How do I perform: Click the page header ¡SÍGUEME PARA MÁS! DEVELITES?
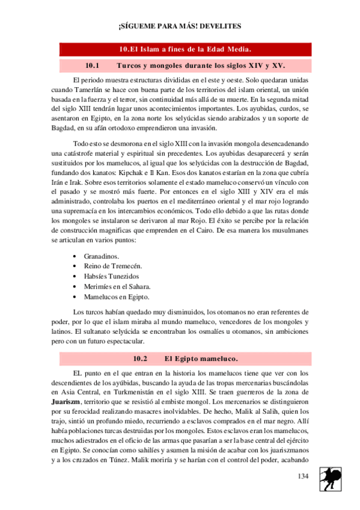[x=180, y=26]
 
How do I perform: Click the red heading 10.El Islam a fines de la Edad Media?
[x=185, y=49]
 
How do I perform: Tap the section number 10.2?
[x=139, y=358]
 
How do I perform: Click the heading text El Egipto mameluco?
[x=201, y=358]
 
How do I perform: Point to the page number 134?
[x=302, y=476]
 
